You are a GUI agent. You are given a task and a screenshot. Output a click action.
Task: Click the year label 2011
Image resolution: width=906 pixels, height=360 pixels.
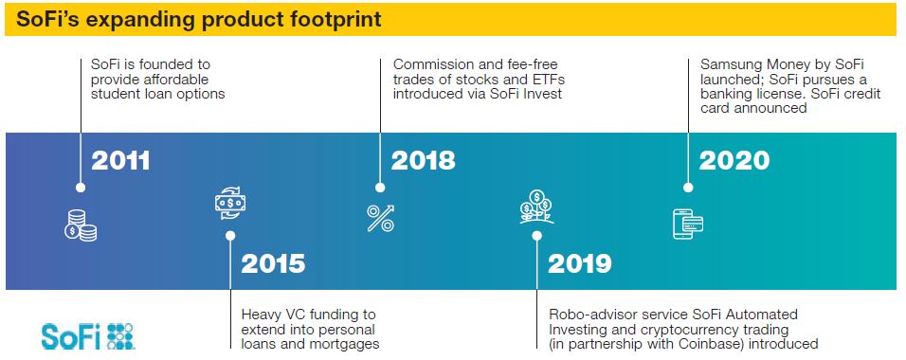[x=120, y=161]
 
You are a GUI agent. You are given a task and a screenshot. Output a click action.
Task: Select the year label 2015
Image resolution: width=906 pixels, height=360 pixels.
[x=274, y=263]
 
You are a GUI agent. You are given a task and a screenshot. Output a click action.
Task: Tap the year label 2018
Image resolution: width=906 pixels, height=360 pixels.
[x=423, y=161]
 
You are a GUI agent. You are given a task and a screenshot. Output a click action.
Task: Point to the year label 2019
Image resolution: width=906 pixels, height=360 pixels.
[x=580, y=263]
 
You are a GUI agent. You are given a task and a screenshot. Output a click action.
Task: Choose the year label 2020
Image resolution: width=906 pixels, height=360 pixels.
[x=734, y=161]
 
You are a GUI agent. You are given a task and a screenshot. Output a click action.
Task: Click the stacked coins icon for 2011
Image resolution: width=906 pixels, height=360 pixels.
[x=81, y=225]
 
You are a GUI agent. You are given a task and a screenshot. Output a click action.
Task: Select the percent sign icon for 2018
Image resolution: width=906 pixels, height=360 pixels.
[x=380, y=219]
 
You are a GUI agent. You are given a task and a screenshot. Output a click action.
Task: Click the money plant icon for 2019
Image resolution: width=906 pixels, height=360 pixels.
[x=536, y=206]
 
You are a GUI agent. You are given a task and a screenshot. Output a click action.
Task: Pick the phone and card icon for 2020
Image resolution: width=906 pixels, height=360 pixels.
[x=687, y=223]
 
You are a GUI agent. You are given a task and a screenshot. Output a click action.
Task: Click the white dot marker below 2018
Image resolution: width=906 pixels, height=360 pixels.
[x=380, y=188]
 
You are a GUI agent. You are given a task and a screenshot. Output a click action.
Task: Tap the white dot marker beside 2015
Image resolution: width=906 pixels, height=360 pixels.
[x=230, y=238]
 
